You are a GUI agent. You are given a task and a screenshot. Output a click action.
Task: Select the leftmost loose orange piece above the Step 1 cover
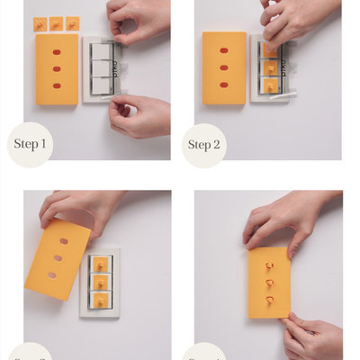[40, 24]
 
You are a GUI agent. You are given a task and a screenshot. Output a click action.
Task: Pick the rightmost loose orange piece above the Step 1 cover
[72, 23]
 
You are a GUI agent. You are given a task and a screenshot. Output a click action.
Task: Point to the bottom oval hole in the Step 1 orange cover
[56, 85]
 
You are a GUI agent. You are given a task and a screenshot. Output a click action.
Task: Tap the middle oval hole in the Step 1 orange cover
[56, 68]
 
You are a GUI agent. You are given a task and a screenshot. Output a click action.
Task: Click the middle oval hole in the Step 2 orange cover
[224, 67]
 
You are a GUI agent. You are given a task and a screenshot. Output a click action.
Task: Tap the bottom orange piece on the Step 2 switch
[269, 85]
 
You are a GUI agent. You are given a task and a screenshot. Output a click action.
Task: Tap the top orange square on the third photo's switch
[101, 264]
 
